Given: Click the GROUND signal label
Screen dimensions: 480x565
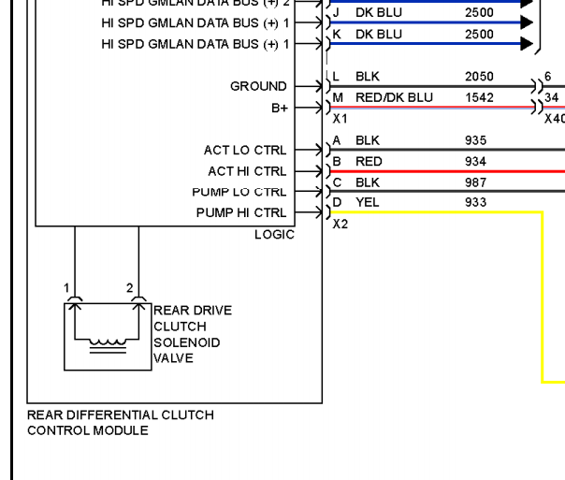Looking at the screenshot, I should pos(258,86).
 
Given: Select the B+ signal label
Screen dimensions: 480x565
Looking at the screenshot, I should pos(279,108).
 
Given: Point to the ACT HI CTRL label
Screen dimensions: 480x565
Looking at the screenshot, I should pos(248,171).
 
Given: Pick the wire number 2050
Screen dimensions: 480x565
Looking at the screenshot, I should pos(478,77).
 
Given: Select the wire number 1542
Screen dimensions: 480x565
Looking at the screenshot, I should pos(478,97).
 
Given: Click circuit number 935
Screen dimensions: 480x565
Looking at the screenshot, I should pos(474,140).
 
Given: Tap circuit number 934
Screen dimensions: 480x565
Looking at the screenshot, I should pos(474,162).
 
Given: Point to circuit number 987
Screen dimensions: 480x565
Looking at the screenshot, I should pos(474,182).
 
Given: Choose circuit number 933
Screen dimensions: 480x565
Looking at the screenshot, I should pos(474,202).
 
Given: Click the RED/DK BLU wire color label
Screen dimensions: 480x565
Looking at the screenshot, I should pos(393,97).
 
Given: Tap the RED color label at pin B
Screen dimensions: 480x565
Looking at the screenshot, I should pos(369,162).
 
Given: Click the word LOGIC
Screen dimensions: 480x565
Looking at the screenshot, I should pos(274,235).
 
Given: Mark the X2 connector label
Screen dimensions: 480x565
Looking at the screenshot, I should pos(340,225).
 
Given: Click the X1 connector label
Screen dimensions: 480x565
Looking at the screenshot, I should pos(340,120).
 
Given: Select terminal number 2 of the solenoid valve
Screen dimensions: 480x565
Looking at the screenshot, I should pos(130,288).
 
